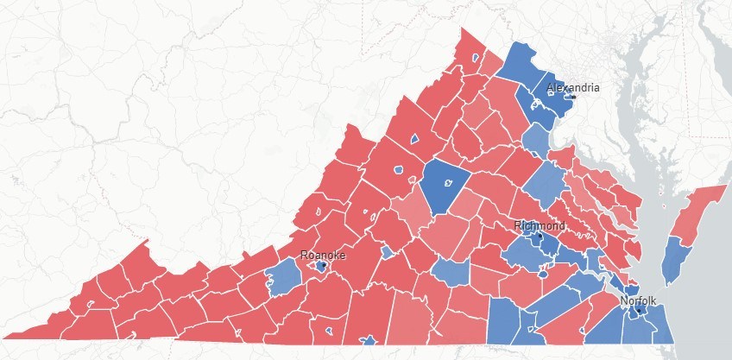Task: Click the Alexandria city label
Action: pyautogui.click(x=573, y=88)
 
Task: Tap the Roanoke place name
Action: pyautogui.click(x=322, y=256)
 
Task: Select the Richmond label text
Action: pyautogui.click(x=540, y=226)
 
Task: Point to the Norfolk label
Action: pyautogui.click(x=638, y=301)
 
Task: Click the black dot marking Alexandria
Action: pyautogui.click(x=572, y=97)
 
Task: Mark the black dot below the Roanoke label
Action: pyautogui.click(x=322, y=267)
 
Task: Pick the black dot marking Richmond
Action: pyautogui.click(x=539, y=235)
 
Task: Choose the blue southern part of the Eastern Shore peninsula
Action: pyautogui.click(x=676, y=259)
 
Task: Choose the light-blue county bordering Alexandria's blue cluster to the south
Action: pyautogui.click(x=537, y=137)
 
